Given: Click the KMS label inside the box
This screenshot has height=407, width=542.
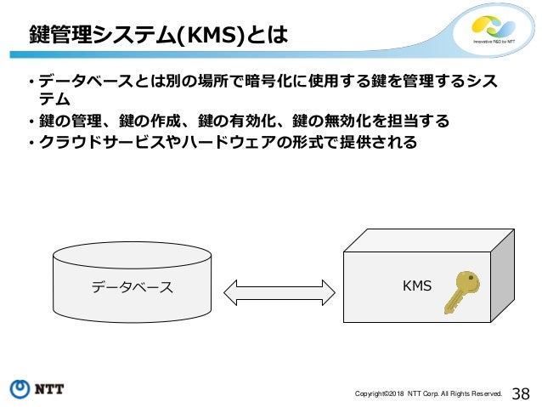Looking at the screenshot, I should [x=416, y=286].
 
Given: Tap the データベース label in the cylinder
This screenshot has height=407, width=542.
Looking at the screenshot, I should [x=132, y=287].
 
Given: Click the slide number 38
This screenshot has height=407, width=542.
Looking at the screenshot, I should [x=521, y=392].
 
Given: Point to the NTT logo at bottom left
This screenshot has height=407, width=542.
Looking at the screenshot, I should [x=37, y=389].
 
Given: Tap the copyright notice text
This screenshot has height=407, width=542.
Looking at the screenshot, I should [x=428, y=393].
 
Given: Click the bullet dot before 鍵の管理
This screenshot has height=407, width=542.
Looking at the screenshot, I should [x=28, y=122].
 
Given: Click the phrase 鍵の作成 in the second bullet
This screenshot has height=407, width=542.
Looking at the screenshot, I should [x=159, y=121].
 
